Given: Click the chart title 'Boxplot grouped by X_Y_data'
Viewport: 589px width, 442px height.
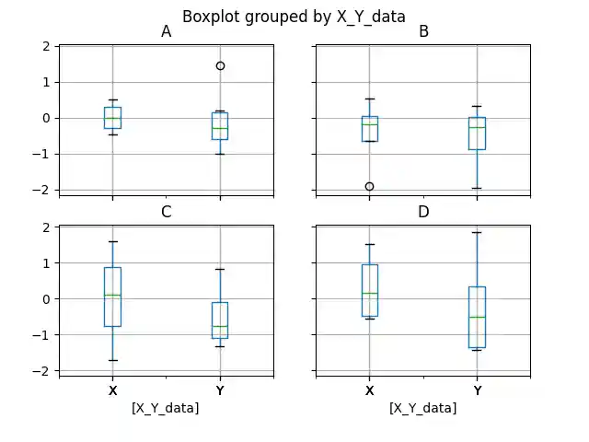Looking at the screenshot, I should (x=294, y=16).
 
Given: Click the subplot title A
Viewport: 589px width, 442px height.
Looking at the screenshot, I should (x=166, y=32).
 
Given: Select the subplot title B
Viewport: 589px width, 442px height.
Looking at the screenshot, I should (x=423, y=32).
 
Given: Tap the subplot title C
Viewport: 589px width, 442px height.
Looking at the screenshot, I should (x=166, y=213).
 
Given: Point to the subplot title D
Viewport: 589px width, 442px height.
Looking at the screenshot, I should (x=423, y=213).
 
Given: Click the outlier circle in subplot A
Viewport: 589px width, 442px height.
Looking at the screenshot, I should (x=220, y=65).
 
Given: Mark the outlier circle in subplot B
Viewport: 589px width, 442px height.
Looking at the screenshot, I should (x=369, y=186).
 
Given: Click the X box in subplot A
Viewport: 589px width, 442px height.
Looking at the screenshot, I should (x=112, y=118).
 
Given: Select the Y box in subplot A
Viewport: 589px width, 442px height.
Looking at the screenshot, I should (x=219, y=125).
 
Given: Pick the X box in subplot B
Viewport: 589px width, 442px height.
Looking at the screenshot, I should (x=369, y=128).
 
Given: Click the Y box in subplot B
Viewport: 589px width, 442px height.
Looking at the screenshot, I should (x=477, y=133).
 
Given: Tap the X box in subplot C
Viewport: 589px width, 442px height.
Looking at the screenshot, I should (x=112, y=297).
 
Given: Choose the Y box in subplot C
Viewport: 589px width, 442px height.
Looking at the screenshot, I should (x=219, y=320).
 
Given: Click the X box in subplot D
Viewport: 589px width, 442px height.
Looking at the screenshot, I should (x=369, y=290).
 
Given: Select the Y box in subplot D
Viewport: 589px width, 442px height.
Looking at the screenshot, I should (x=477, y=317).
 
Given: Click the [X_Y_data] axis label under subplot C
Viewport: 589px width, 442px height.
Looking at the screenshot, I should (x=166, y=408).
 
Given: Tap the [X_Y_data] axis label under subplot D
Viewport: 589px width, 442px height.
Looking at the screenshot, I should (x=423, y=408).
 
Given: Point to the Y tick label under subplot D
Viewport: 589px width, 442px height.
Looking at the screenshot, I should (x=477, y=391).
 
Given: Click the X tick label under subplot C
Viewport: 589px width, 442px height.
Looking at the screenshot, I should (x=112, y=391).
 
